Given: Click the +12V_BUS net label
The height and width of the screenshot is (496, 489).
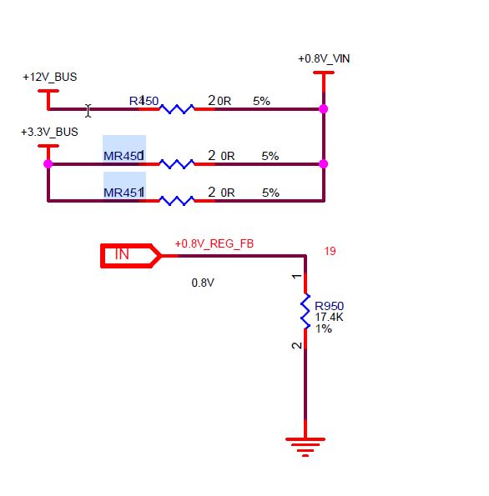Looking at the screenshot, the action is (x=50, y=77).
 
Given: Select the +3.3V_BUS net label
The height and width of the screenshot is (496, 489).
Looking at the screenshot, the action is (x=49, y=132).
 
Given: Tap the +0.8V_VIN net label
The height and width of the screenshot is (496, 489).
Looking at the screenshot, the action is (x=324, y=58).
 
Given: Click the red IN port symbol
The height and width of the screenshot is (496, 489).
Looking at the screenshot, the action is (x=130, y=256).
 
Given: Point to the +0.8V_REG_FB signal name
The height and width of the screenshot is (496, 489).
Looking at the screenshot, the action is (x=214, y=243).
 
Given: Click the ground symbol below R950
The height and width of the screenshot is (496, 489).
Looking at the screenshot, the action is (x=305, y=447).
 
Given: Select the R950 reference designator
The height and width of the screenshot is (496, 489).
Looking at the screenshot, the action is (x=329, y=306).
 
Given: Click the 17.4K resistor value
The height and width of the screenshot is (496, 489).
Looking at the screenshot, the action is (x=329, y=317).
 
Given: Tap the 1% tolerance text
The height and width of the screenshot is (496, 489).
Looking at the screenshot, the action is (x=324, y=328).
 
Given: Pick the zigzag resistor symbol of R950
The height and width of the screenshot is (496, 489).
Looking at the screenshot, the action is (x=305, y=312).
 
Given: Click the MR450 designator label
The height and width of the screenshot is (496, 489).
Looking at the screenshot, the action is (x=124, y=156).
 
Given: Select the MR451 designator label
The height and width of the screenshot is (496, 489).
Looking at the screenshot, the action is (x=124, y=193).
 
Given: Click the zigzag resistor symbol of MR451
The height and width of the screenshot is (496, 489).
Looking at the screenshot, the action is (x=177, y=201).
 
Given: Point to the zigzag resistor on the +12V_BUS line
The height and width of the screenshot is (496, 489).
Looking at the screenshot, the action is (x=177, y=109).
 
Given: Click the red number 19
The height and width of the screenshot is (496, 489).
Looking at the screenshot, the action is (x=330, y=251).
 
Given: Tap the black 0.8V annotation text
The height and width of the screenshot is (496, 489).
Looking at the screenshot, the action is (x=203, y=283).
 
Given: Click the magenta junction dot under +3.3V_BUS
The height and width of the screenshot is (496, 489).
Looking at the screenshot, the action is (x=48, y=164).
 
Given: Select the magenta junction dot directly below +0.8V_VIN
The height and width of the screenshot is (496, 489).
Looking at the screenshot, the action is (x=324, y=109).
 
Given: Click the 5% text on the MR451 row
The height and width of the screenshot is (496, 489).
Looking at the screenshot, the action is (x=270, y=193).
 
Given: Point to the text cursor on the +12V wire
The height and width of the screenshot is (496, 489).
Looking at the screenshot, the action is (x=88, y=111).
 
